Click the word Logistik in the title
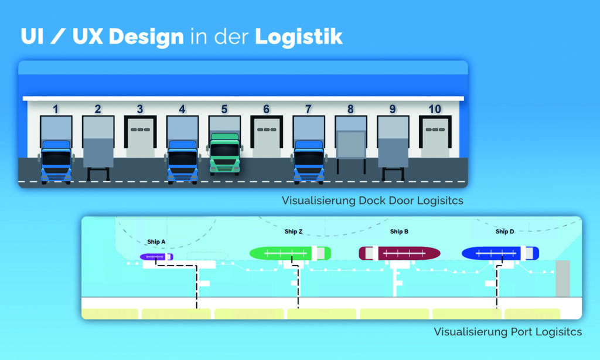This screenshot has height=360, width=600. [x=299, y=36]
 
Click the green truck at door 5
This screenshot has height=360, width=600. [x=225, y=154]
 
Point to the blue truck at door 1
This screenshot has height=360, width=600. [x=56, y=161]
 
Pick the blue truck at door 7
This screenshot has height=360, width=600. [x=309, y=161]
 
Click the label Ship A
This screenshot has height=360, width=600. [x=156, y=242]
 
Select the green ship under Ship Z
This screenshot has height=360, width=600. [x=290, y=253]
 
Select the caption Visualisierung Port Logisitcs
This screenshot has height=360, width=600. [x=507, y=332]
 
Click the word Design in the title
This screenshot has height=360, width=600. [x=146, y=36]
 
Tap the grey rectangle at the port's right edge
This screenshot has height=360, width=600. [x=562, y=279]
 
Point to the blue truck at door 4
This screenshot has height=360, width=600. [x=182, y=161]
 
